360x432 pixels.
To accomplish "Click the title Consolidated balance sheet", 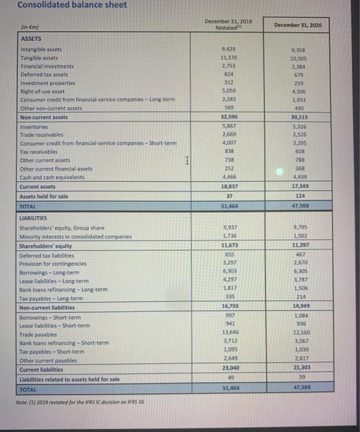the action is point(63,6).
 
